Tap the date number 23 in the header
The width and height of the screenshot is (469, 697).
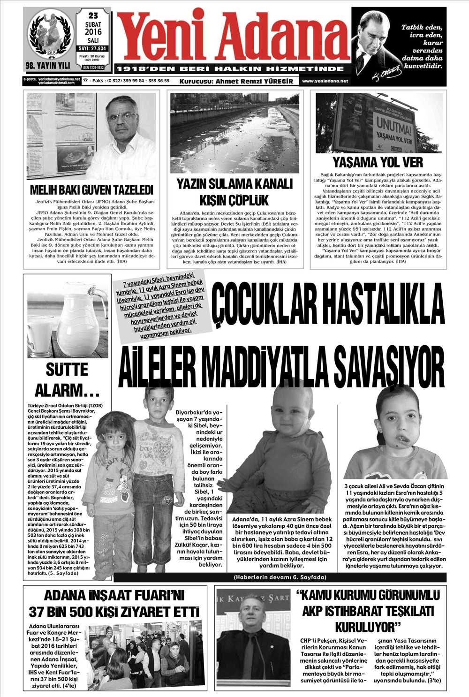coord(93,15)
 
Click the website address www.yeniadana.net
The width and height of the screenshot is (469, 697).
coord(325,81)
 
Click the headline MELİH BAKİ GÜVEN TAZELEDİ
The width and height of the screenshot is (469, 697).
coord(91,190)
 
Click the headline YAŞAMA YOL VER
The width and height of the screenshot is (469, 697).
coord(378,163)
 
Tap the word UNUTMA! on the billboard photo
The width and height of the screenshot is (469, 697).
coord(390,128)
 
